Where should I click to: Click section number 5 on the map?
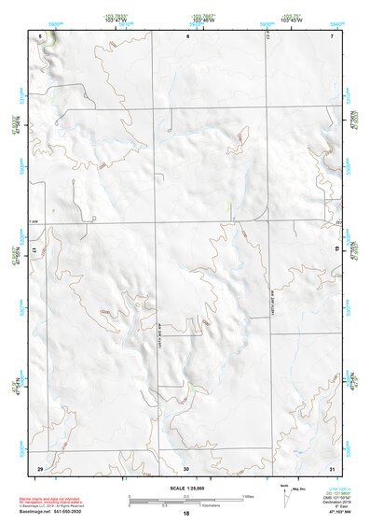click(40, 35)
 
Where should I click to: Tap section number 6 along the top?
click(186, 35)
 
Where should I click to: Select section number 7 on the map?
click(332, 35)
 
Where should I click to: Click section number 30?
click(186, 467)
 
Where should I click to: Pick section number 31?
click(332, 467)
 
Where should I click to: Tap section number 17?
click(34, 252)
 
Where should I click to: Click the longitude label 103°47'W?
click(115, 21)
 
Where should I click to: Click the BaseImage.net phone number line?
click(62, 512)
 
